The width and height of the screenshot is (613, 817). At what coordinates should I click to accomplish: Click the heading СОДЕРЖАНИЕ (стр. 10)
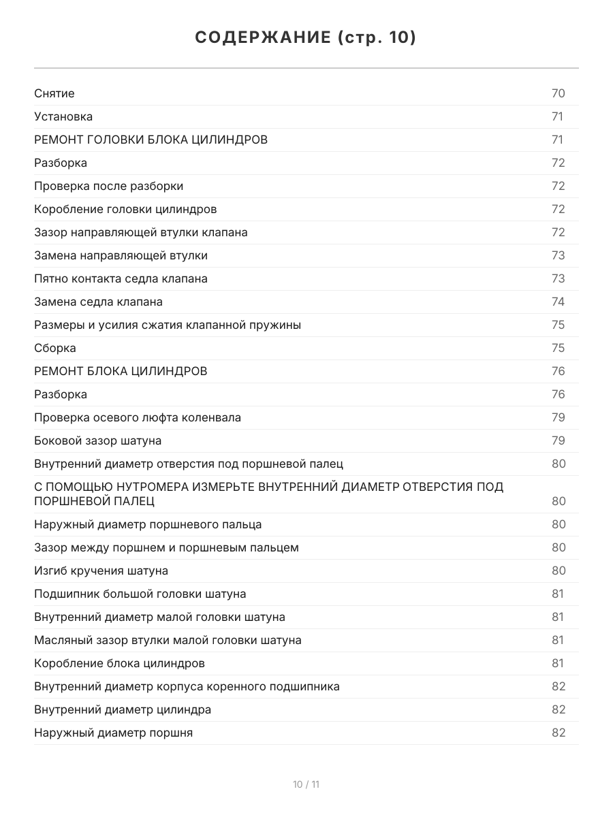[306, 37]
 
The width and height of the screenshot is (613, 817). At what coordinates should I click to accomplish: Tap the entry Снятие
[54, 93]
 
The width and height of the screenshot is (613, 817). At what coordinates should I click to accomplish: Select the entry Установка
[63, 116]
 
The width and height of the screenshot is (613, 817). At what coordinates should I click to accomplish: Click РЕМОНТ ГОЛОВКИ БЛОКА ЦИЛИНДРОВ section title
[151, 140]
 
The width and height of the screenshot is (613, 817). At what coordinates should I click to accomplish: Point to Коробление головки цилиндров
[125, 209]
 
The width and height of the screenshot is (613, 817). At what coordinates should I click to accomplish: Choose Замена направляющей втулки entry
[121, 255]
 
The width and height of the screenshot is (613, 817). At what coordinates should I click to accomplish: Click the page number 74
[558, 302]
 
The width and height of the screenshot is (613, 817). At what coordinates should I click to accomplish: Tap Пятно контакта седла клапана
[121, 278]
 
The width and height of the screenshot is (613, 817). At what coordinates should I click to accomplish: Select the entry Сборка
[55, 348]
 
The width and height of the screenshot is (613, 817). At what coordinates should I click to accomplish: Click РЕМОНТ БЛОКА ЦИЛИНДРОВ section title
[121, 371]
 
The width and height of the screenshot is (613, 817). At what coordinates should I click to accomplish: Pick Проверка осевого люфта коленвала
[137, 417]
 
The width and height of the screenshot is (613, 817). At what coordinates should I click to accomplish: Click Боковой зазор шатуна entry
[97, 440]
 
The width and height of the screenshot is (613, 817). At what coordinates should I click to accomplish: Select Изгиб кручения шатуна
[101, 571]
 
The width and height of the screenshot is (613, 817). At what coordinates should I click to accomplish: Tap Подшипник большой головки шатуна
[140, 594]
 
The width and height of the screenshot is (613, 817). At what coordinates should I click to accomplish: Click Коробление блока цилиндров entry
[119, 663]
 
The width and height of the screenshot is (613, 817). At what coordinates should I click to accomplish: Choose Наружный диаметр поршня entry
[113, 733]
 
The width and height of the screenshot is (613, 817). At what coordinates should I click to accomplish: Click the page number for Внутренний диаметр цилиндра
[559, 709]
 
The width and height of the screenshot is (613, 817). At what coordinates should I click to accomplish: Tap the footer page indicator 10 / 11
[306, 784]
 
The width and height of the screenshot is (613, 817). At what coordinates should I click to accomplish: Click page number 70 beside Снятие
[558, 93]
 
